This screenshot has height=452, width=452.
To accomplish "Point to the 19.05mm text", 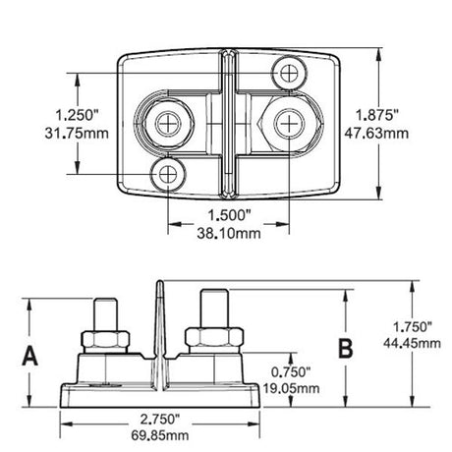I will pos(292,389).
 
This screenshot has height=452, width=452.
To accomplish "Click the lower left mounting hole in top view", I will pos(169,175).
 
